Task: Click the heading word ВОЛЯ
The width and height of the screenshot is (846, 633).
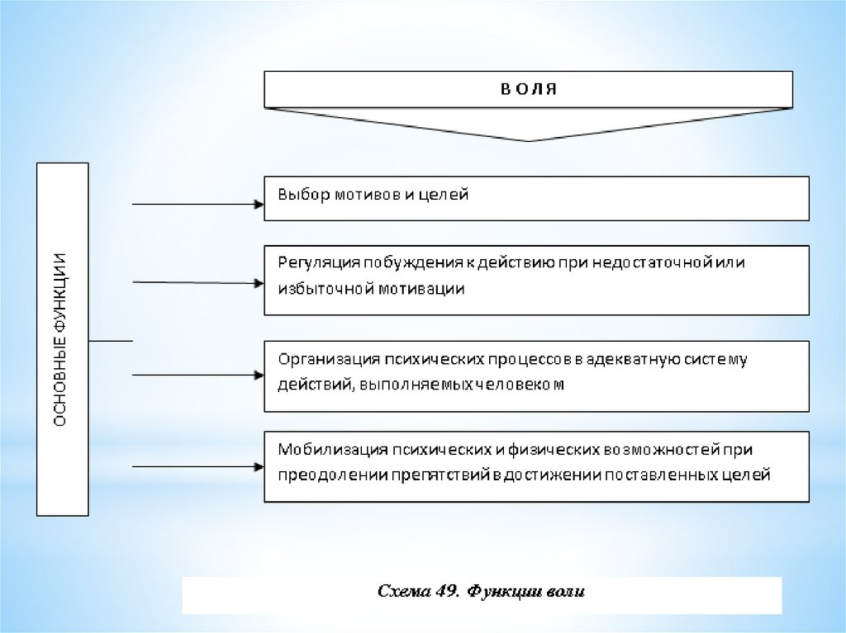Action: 529,88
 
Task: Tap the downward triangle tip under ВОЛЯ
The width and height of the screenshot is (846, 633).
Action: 529,138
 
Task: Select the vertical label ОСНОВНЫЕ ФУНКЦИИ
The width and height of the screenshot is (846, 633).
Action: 62,339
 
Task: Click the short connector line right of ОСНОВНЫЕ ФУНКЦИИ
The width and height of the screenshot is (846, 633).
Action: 110,339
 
